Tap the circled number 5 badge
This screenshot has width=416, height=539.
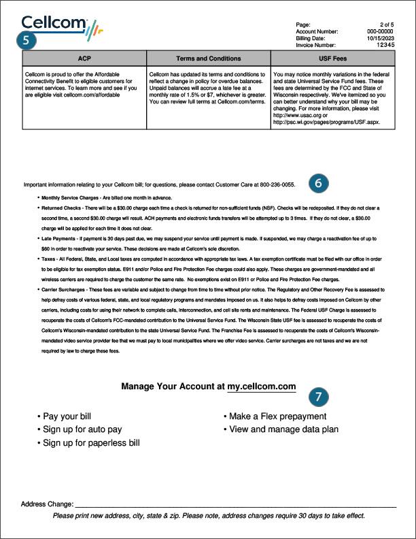(27, 39)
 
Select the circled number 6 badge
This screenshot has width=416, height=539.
(319, 182)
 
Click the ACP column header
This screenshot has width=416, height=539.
(84, 59)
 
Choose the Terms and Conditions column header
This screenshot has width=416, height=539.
(208, 59)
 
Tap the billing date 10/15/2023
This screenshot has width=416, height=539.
(381, 38)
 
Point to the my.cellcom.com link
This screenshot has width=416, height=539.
(262, 387)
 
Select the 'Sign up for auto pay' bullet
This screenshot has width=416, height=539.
(82, 430)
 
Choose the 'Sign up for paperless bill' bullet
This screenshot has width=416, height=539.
(91, 443)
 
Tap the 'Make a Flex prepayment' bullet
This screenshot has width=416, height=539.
(277, 416)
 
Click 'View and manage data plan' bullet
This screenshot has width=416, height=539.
(283, 430)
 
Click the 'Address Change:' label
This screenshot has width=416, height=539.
(47, 504)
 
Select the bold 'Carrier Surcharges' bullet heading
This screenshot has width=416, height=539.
(65, 289)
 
